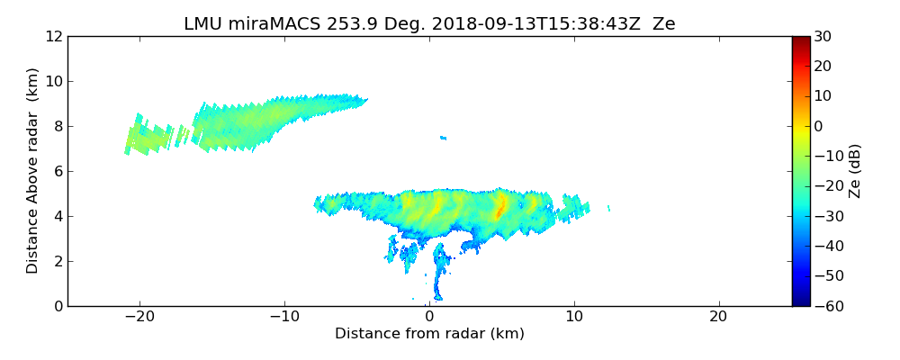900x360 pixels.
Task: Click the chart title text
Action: click(x=429, y=24)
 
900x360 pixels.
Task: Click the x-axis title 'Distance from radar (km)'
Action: click(x=429, y=334)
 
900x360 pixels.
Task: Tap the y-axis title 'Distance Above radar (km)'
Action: click(x=33, y=170)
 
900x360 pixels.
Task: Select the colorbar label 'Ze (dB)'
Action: click(x=855, y=170)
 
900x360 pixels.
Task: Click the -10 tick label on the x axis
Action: click(x=284, y=317)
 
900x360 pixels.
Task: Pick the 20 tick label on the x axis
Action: click(x=718, y=317)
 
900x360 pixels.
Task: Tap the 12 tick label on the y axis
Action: click(x=54, y=36)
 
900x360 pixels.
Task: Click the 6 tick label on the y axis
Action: click(x=58, y=171)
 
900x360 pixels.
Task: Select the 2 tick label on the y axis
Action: click(x=58, y=261)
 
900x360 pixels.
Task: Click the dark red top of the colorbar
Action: click(x=800, y=40)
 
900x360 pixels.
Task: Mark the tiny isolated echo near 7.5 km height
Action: click(x=443, y=138)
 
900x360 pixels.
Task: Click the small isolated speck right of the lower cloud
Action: click(x=609, y=208)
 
